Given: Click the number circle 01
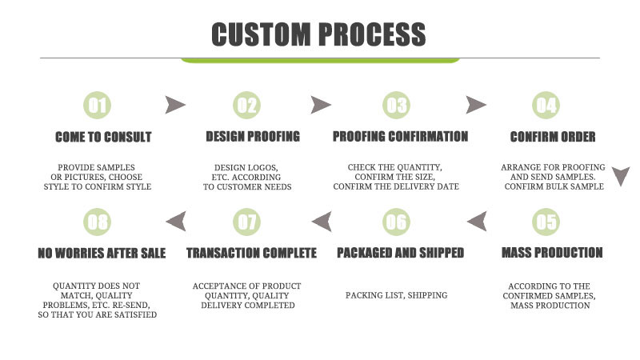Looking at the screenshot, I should point(98,105).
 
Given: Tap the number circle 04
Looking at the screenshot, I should point(546,105).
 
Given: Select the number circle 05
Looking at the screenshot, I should point(546,222).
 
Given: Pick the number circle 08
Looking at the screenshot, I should point(98,222).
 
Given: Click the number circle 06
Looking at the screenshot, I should point(396,222).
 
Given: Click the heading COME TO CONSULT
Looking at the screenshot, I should point(103,137).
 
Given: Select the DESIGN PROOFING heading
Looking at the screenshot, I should point(253,137).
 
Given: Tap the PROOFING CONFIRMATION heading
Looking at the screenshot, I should point(400,137).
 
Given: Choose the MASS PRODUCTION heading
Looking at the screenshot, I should point(552,253).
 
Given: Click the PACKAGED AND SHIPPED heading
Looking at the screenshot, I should point(400,253).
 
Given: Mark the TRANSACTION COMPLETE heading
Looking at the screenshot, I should point(251,253).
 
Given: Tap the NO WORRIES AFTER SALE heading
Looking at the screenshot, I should point(102,253).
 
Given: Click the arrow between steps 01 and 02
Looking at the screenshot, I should point(175,104).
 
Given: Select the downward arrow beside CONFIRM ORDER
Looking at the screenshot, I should point(622,176).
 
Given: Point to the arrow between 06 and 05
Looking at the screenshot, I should point(476,221).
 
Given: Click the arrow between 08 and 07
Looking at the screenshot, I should point(175,221).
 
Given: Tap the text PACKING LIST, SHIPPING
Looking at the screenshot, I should point(397,295).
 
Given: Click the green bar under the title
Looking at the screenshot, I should point(320,60).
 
